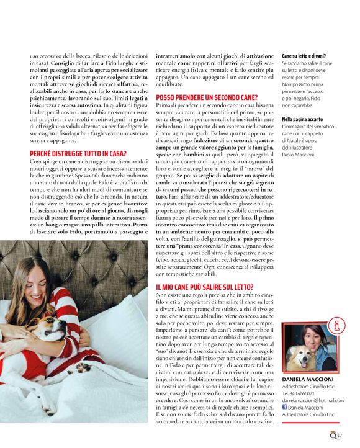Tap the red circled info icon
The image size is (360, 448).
[340, 325]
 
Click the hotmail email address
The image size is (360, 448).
[312, 401]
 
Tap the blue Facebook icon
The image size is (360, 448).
[285, 409]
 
